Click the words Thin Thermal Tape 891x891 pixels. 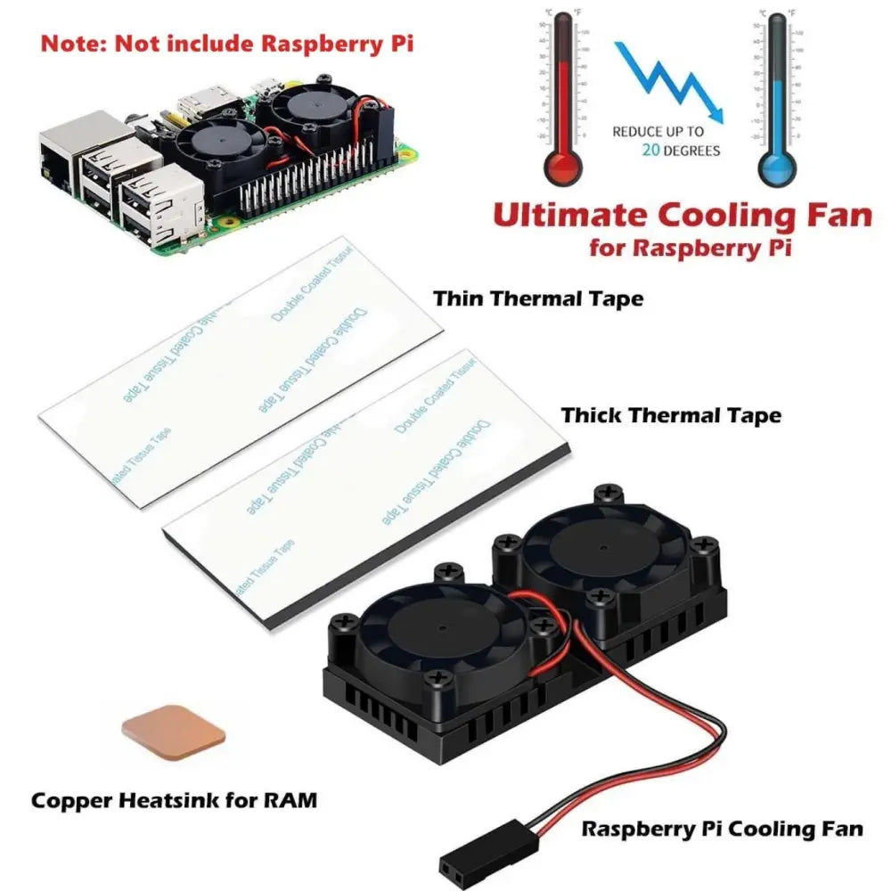[538, 298]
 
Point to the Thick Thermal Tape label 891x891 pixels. [671, 414]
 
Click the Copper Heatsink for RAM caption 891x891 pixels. [174, 800]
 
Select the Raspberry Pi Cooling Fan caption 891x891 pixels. [722, 829]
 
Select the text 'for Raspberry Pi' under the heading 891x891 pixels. [690, 248]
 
